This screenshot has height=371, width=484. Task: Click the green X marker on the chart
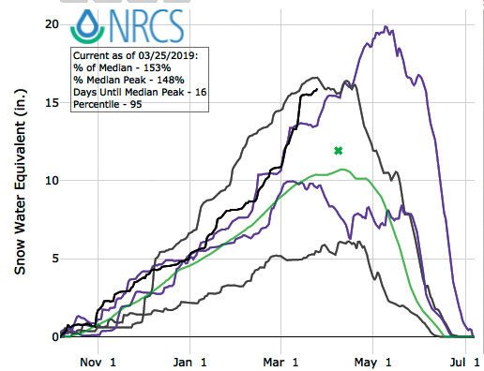tap(339, 151)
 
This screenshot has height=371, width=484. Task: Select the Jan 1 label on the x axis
tap(189, 359)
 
